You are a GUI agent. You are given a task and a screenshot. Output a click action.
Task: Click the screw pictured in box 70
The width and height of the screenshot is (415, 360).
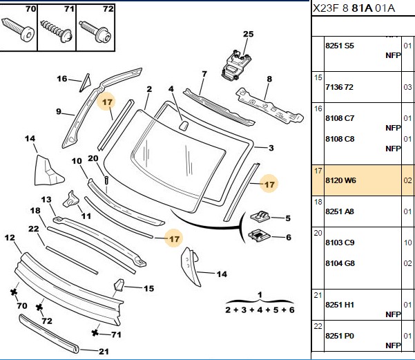(18, 30)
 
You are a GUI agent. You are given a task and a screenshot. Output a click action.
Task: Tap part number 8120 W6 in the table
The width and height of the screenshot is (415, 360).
(340, 180)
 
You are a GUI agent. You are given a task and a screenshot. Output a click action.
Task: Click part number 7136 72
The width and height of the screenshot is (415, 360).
(339, 87)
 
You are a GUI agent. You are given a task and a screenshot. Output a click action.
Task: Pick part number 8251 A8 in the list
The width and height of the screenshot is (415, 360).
(340, 211)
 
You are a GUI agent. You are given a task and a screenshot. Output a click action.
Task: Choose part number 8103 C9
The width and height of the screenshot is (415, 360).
(340, 243)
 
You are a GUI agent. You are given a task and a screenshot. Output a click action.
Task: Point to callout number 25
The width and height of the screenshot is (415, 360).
(249, 34)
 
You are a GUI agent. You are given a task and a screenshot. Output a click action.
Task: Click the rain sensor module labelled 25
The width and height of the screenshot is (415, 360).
(236, 65)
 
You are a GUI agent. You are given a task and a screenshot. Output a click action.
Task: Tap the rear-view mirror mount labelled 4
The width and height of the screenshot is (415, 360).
(183, 125)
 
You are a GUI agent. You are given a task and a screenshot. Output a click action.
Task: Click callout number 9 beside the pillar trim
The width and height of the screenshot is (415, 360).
(59, 111)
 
